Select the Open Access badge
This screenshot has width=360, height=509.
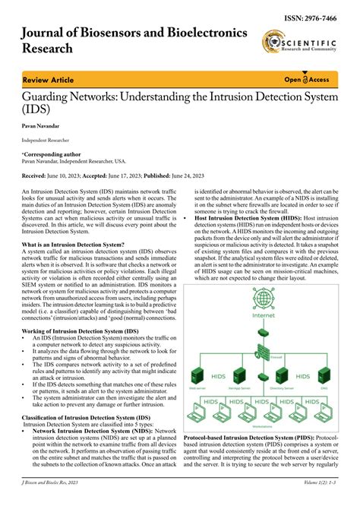click(307, 79)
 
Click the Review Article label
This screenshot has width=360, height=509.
click(48, 79)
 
